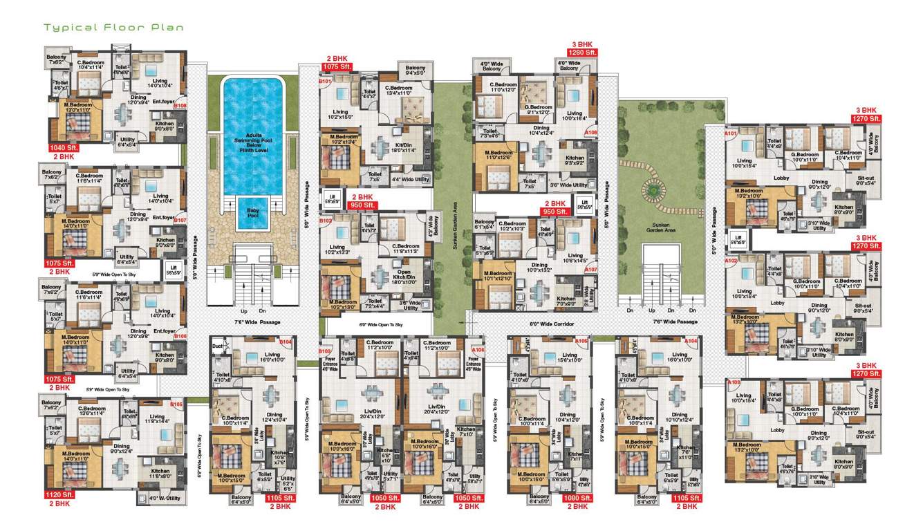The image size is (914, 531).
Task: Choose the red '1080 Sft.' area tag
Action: coord(577,498)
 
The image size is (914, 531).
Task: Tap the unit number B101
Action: coord(326,82)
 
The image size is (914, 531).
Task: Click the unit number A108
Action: coord(591,131)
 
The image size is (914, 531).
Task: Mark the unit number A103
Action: coord(732,382)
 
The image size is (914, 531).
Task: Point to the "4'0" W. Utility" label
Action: coord(163,497)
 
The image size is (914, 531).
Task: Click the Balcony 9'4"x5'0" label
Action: coord(416,70)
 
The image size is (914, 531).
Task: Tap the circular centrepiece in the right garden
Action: coord(653,187)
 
